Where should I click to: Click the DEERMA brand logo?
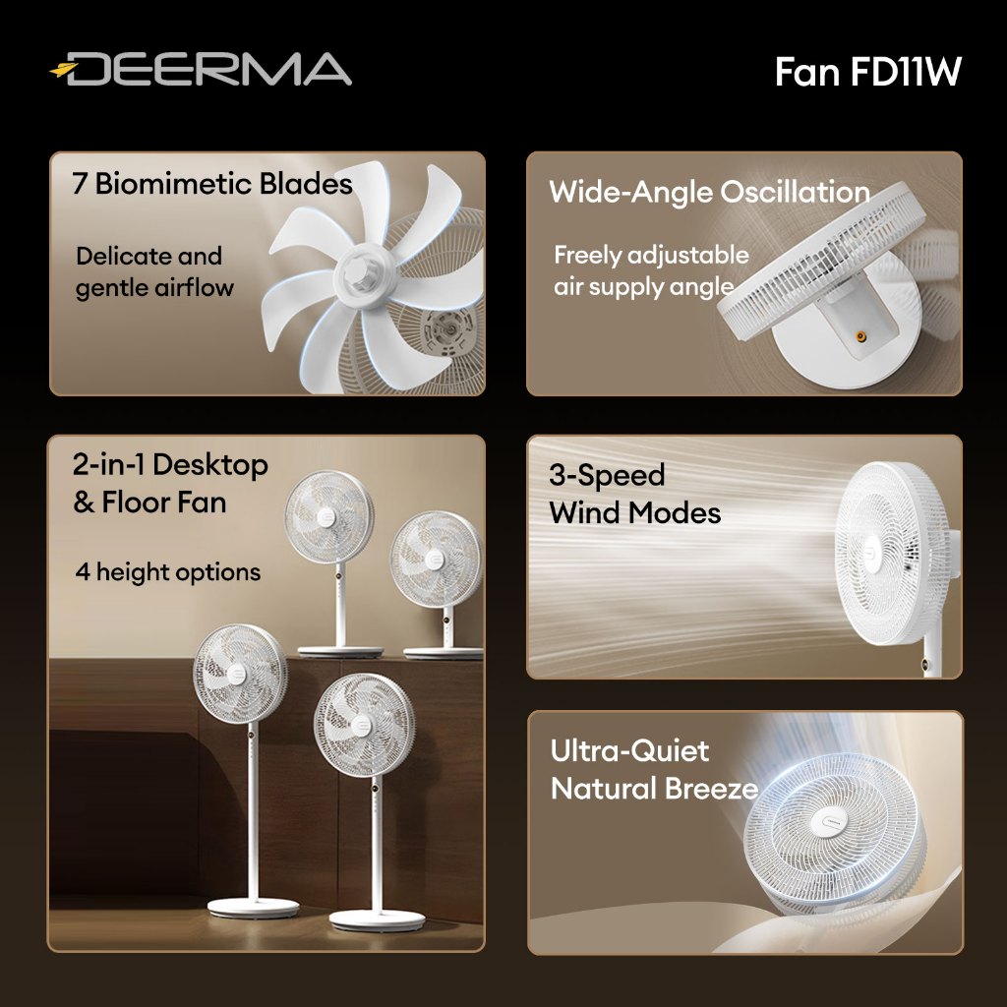coord(202,70)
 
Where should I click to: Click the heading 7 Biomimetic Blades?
coord(211,184)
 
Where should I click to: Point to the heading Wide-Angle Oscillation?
coord(709,192)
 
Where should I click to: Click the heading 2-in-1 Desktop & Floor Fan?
coord(169,483)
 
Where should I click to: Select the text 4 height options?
coord(168,572)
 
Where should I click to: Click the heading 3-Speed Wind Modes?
coord(634,494)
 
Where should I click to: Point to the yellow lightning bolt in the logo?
coord(64,70)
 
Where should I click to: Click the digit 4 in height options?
coord(83,572)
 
